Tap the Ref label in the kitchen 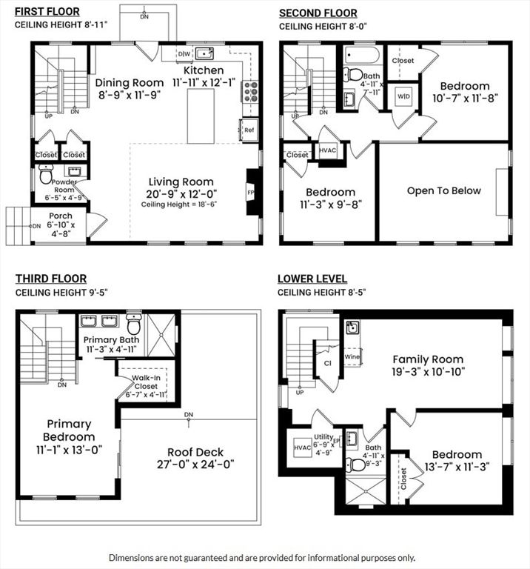click(x=248, y=130)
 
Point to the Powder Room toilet click(x=45, y=177)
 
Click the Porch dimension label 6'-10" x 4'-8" click(x=62, y=229)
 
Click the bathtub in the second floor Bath click(x=361, y=56)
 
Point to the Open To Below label click(x=443, y=190)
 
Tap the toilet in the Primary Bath click(x=134, y=326)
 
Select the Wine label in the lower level click(x=352, y=357)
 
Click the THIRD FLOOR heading click(x=50, y=279)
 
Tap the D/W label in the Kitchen click(x=184, y=55)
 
